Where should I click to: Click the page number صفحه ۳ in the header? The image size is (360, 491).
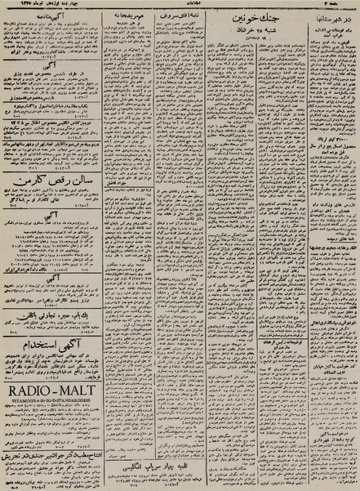point(342,5)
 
